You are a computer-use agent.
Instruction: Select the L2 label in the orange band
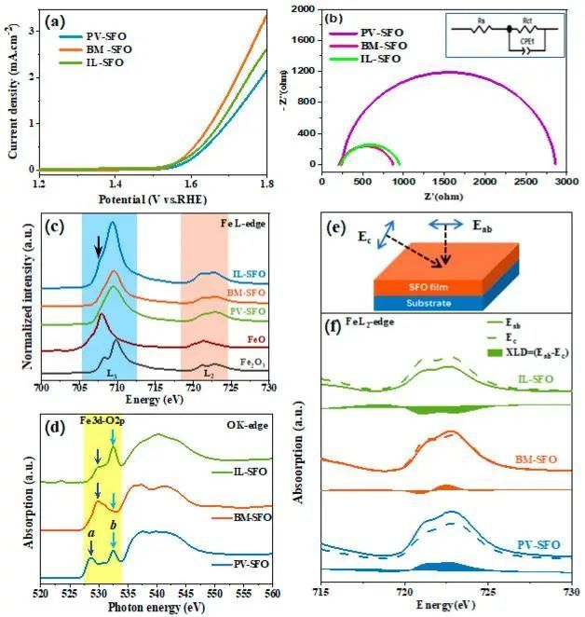(210, 373)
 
